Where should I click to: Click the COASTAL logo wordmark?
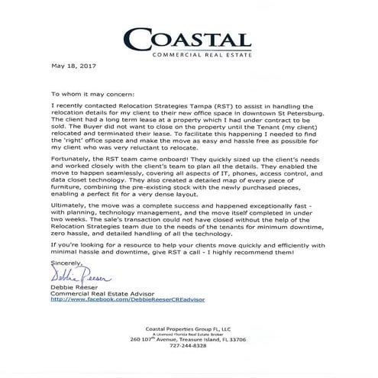(197, 38)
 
